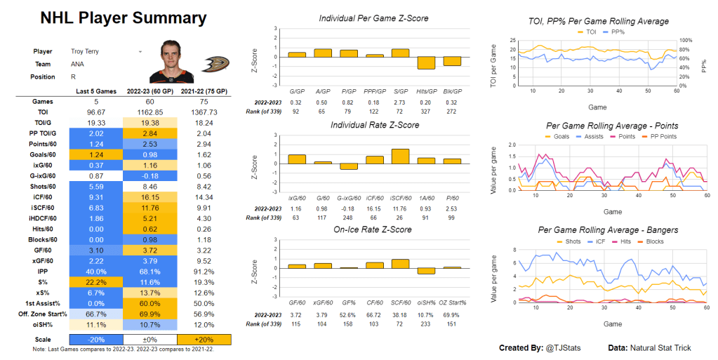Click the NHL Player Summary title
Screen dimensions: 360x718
[x=123, y=18]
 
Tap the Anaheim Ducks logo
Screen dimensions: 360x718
[x=213, y=64]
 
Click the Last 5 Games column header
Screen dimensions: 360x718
[x=97, y=91]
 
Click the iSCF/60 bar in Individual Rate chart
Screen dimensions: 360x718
[x=401, y=156]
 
